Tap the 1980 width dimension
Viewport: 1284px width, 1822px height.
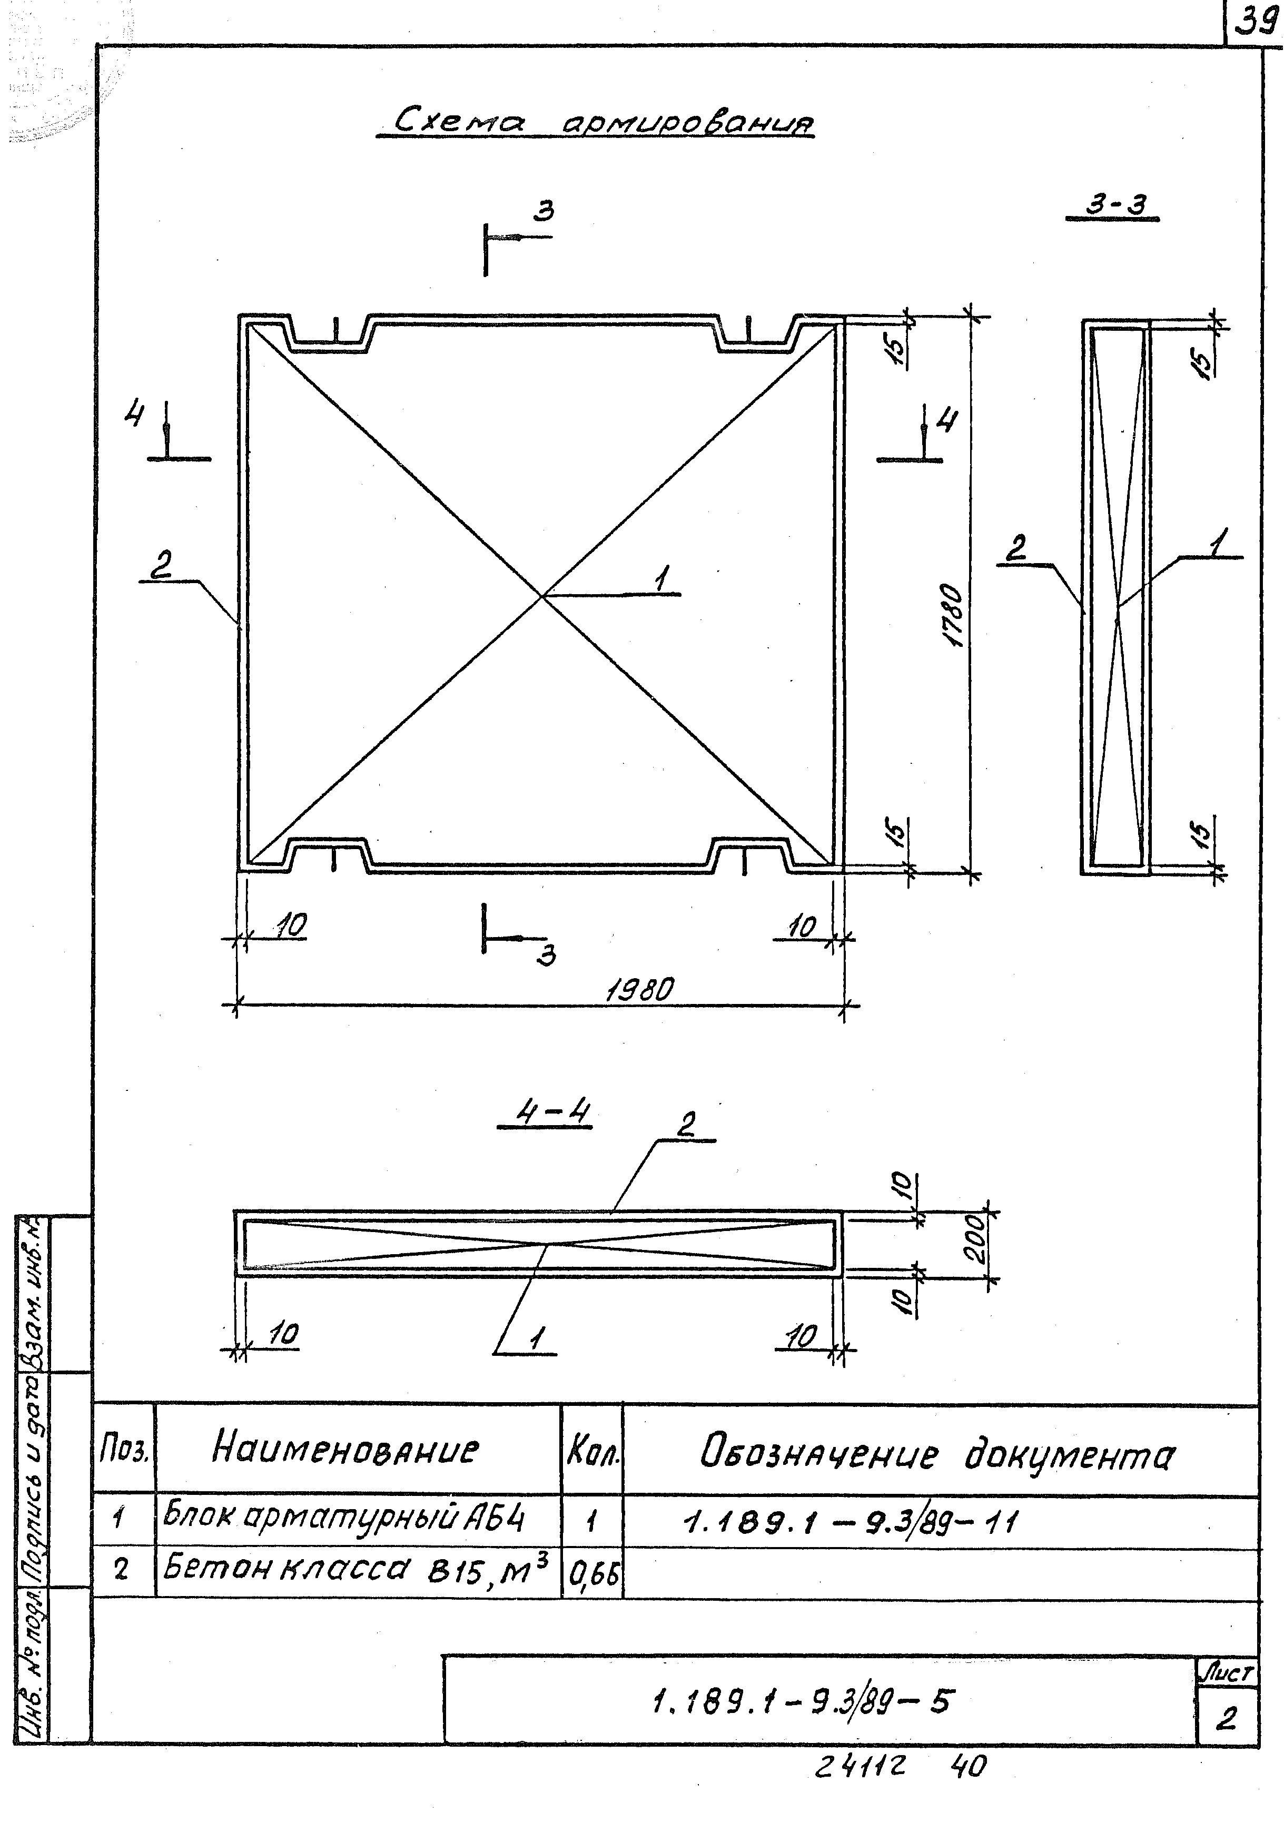point(639,990)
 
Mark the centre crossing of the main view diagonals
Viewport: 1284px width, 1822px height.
point(542,594)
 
